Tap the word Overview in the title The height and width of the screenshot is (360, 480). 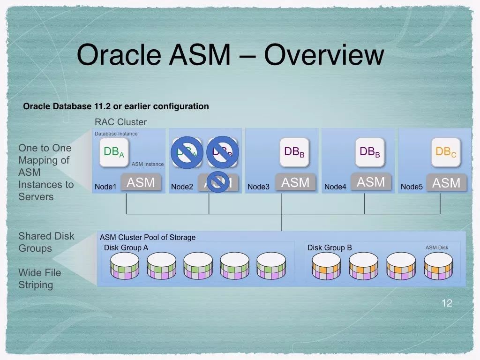324,54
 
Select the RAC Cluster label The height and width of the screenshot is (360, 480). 120,122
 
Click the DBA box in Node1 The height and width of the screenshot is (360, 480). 114,152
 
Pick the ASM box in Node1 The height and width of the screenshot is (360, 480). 141,182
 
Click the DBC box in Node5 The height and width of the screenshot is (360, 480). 446,152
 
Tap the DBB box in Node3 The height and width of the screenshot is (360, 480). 294,152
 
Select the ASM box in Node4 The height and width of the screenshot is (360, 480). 371,182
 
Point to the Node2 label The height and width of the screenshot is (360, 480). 182,187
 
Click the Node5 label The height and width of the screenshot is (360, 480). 412,187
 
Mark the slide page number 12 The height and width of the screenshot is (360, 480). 447,303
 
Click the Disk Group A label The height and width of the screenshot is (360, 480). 126,247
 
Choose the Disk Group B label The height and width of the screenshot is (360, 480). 330,247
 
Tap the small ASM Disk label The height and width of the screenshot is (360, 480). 437,247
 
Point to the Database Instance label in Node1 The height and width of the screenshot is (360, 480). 116,134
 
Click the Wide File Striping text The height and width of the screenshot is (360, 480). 40,278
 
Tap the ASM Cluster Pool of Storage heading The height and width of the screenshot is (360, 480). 148,237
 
